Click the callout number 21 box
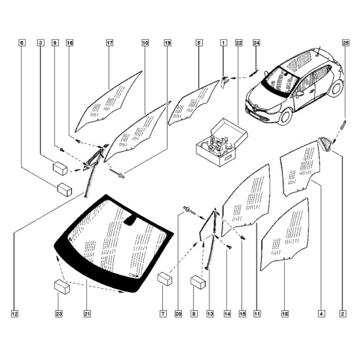point(87,314)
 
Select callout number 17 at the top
point(110,43)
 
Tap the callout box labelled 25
point(346,43)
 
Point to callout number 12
point(14,314)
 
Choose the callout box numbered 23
point(58,314)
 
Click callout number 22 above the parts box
point(239,43)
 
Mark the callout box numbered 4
point(321,314)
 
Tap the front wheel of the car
point(285,117)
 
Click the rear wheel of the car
point(336,88)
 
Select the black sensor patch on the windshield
point(130,221)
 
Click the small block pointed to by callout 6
point(65,190)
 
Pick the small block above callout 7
point(165,278)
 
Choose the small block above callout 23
point(62,287)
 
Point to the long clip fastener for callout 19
point(117,173)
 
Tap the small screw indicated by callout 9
point(62,150)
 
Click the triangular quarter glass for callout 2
point(325,144)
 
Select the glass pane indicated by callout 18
point(285,234)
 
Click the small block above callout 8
point(198,282)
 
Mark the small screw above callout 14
point(229,247)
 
